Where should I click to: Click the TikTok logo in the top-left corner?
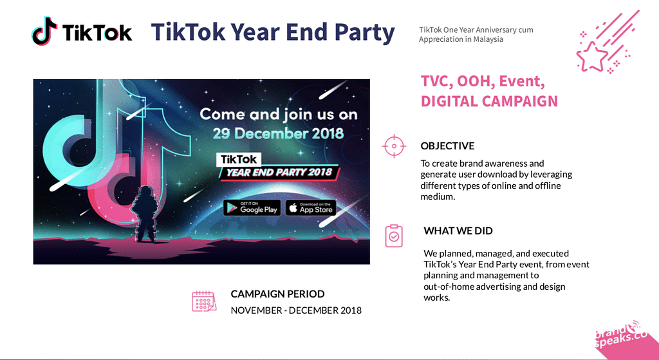tap(82, 31)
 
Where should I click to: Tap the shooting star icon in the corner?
tap(608, 42)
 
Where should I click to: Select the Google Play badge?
tap(252, 208)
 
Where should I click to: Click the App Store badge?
tap(311, 208)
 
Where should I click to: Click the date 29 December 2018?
tap(278, 133)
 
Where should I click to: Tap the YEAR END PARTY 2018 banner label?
tap(279, 173)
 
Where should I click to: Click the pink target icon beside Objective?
tap(394, 146)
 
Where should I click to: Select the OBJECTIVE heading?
tap(448, 146)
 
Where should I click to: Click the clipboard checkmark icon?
tap(394, 236)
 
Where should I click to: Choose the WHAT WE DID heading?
tap(458, 231)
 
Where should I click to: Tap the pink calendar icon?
tap(204, 301)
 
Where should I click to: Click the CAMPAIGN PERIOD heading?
tap(277, 294)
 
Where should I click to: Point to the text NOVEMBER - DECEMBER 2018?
tap(296, 310)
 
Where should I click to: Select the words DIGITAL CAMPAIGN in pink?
tap(489, 101)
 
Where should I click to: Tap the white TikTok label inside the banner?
tap(239, 160)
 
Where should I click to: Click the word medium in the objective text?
tap(437, 197)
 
